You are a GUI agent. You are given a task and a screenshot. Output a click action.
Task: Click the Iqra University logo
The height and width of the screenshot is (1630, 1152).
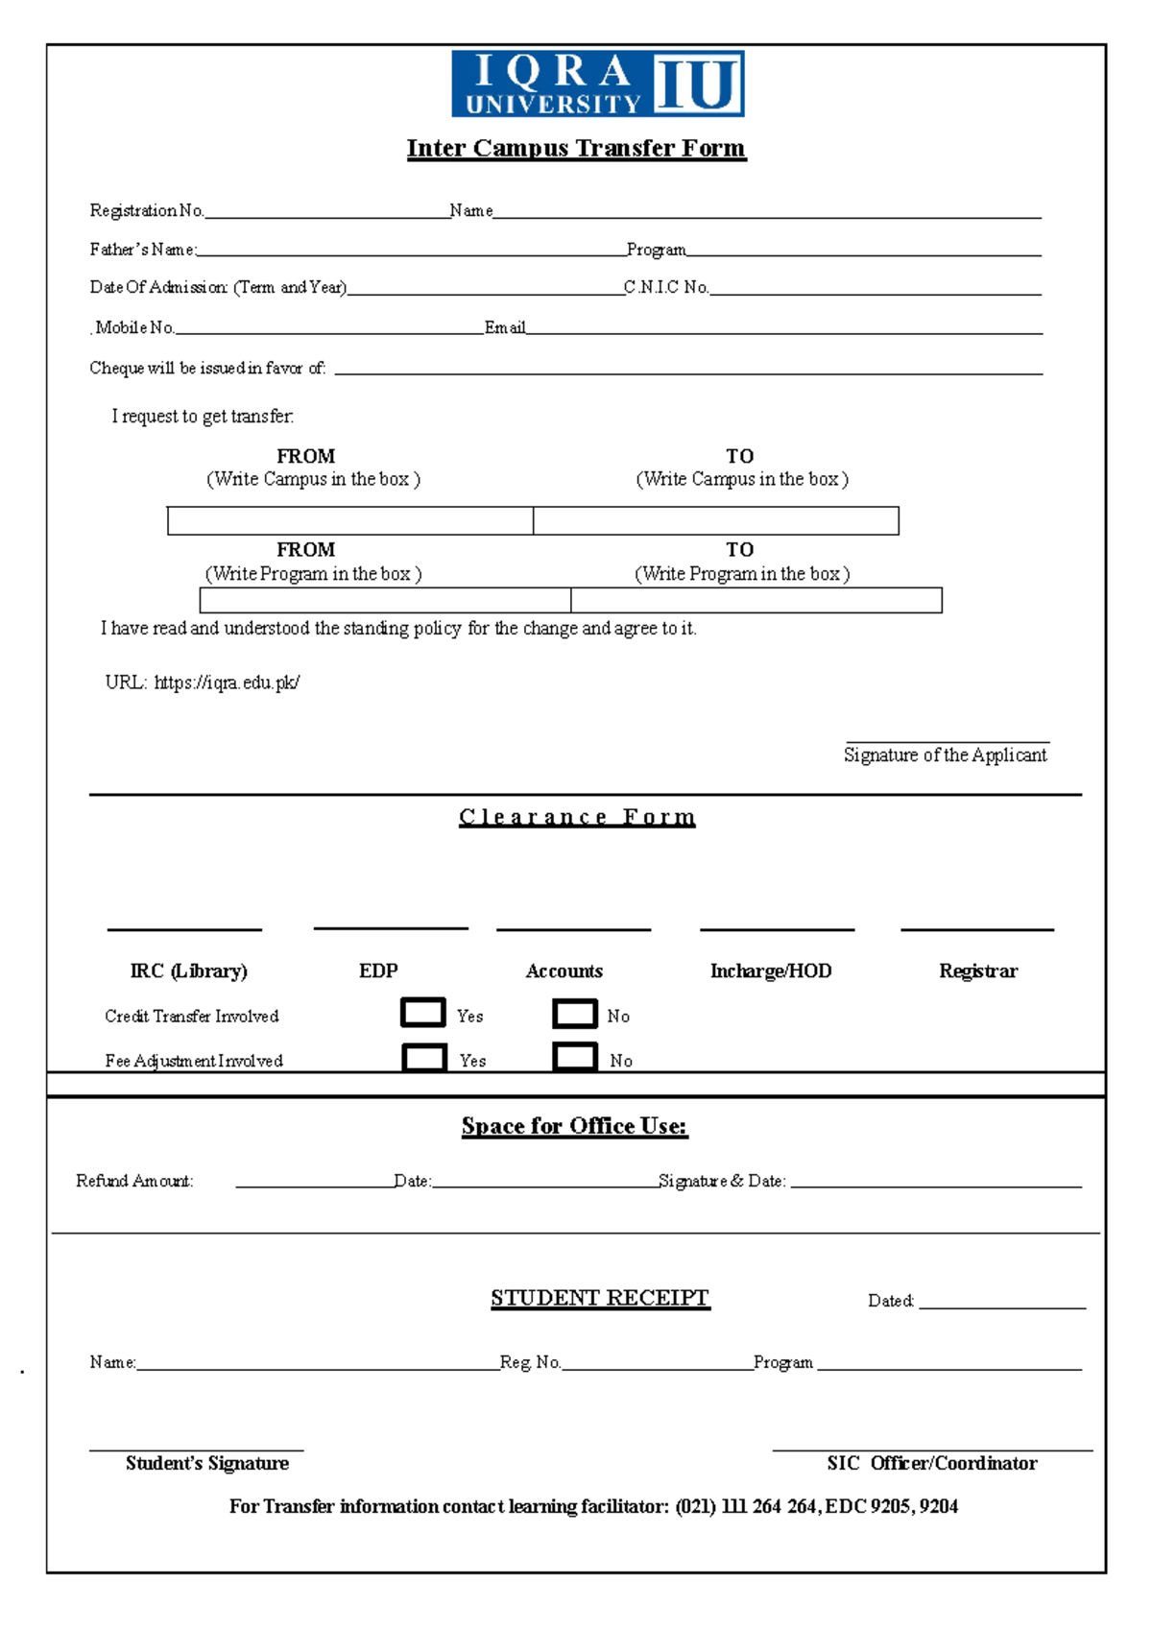point(597,84)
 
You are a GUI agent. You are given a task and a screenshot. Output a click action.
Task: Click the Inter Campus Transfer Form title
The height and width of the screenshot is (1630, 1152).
point(576,148)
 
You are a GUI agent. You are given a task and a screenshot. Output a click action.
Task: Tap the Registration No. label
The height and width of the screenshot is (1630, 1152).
point(146,210)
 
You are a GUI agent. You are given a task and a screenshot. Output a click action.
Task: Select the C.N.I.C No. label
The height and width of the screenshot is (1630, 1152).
point(665,287)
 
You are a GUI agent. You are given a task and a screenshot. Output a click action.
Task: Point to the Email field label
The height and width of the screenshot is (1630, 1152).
point(505,327)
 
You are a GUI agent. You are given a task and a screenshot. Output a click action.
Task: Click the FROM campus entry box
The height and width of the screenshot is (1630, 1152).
point(350,520)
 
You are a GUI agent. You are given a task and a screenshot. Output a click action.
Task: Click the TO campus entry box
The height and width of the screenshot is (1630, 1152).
point(716,520)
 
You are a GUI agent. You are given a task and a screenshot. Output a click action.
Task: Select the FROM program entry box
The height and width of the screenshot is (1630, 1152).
point(385,600)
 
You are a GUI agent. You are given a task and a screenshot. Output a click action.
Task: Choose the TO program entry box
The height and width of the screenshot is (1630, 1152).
point(756,600)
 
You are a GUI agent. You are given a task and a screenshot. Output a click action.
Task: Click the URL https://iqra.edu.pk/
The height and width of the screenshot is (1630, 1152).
point(227,683)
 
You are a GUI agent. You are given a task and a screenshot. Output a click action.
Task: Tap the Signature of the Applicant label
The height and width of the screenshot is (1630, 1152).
point(945,755)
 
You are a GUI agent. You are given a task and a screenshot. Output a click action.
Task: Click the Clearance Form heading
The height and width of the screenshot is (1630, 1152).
point(577,817)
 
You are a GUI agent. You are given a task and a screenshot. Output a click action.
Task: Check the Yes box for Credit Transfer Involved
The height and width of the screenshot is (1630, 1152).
point(423,1013)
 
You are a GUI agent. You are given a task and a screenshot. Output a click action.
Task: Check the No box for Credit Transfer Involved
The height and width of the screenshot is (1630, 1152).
point(575,1013)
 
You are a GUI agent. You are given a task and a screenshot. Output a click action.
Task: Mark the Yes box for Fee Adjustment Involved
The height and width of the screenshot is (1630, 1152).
point(423,1057)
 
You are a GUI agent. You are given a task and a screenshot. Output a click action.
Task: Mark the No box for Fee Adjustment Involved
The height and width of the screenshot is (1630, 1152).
point(575,1057)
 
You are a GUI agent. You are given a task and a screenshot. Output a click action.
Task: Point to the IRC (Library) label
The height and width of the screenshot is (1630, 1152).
point(188,971)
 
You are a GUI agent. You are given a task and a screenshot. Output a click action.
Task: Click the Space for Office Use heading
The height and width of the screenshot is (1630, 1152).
point(574,1126)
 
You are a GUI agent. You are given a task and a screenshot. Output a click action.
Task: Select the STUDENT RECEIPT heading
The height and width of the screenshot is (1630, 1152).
point(600,1298)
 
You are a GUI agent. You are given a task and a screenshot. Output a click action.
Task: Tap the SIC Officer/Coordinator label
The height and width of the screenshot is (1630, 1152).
point(932,1463)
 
